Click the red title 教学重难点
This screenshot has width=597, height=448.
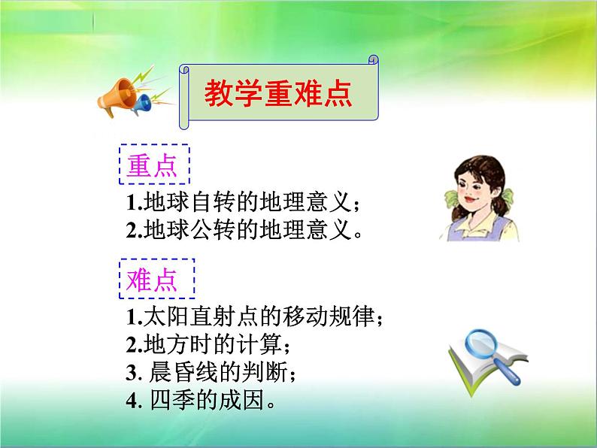pos(278,93)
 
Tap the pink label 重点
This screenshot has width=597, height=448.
pos(152,165)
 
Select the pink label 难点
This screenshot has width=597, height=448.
pos(152,280)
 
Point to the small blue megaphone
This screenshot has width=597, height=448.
pos(141,104)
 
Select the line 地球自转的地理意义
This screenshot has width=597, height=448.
pos(242,201)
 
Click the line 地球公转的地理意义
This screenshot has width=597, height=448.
pos(244,229)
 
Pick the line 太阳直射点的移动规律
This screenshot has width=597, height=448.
pos(254,316)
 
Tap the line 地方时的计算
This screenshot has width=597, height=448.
pos(208,344)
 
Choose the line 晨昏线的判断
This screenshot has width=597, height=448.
pos(211,372)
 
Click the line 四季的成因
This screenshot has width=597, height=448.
pos(201,400)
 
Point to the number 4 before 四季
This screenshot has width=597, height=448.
pos(132,401)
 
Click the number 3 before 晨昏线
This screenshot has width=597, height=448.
pos(132,373)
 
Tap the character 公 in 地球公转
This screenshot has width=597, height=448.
pos(202,229)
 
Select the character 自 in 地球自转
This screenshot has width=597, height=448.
pos(202,201)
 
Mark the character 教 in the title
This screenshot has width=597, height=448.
pos(219,93)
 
